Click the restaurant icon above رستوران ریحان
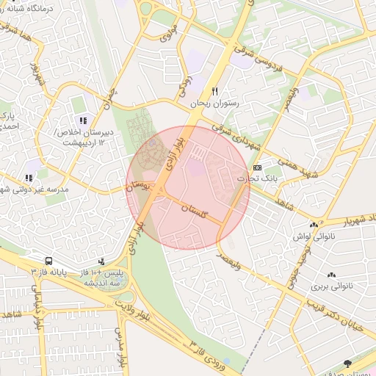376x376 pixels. coord(214,92)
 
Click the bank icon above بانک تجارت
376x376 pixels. coord(256,167)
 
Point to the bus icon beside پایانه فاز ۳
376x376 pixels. coord(48,261)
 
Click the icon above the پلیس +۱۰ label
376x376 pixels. coord(101,261)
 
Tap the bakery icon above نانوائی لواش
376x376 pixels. coord(314,225)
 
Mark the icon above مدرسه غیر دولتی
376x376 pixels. coord(28,177)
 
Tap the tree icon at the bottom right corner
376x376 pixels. coord(348,363)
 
